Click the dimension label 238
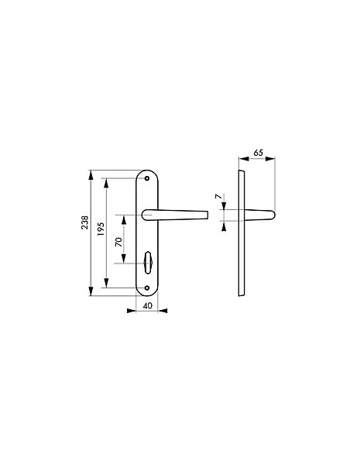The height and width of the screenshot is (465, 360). (84, 222)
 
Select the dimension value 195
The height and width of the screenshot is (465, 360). (101, 229)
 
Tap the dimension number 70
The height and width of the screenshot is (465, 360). (118, 242)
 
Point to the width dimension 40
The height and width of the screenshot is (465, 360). (147, 305)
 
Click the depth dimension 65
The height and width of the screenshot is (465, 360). (258, 153)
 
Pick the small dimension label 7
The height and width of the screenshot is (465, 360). (218, 196)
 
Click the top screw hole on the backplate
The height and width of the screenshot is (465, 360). (147, 178)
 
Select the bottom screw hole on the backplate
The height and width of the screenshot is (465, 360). (147, 288)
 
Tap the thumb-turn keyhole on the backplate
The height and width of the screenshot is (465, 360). (147, 259)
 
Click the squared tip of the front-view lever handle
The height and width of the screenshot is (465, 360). (207, 215)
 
